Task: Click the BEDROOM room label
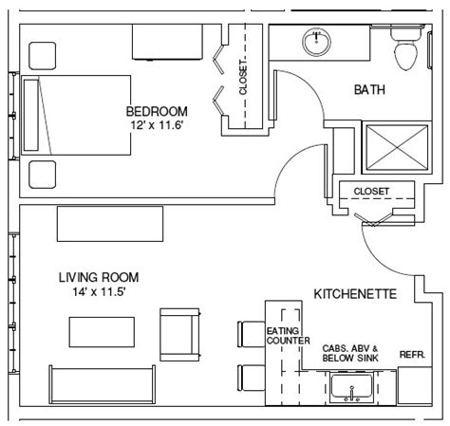pyautogui.click(x=157, y=111)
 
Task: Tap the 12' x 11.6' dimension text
pyautogui.click(x=157, y=125)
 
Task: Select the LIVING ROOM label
pyautogui.click(x=99, y=277)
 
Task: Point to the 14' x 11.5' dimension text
pyautogui.click(x=100, y=291)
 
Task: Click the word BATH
pyautogui.click(x=369, y=89)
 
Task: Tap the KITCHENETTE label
pyautogui.click(x=355, y=294)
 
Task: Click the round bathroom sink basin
pyautogui.click(x=316, y=42)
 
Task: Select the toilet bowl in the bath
pyautogui.click(x=406, y=56)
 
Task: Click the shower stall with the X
pyautogui.click(x=397, y=148)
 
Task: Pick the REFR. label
pyautogui.click(x=412, y=355)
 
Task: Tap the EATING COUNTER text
pyautogui.click(x=288, y=336)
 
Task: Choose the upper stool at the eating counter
pyautogui.click(x=251, y=334)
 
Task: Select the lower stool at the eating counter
pyautogui.click(x=251, y=378)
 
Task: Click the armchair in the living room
pyautogui.click(x=180, y=335)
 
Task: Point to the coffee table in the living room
pyautogui.click(x=102, y=332)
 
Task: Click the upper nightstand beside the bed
pyautogui.click(x=43, y=56)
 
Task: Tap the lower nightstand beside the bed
pyautogui.click(x=43, y=175)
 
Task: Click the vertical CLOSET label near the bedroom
pyautogui.click(x=243, y=77)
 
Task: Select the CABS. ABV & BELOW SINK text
pyautogui.click(x=350, y=353)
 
